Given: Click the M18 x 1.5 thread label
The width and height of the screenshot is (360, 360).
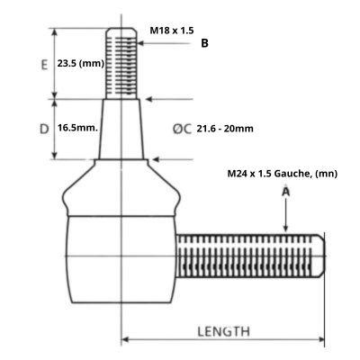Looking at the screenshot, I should pos(171,31).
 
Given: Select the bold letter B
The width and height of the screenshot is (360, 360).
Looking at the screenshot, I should pos(204,42).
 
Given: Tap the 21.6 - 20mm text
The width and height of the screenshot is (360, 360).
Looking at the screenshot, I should pos(224,129).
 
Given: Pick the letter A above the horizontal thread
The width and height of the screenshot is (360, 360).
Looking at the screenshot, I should pos(285,192).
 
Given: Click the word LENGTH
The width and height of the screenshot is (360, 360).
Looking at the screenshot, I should pos(223,331).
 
